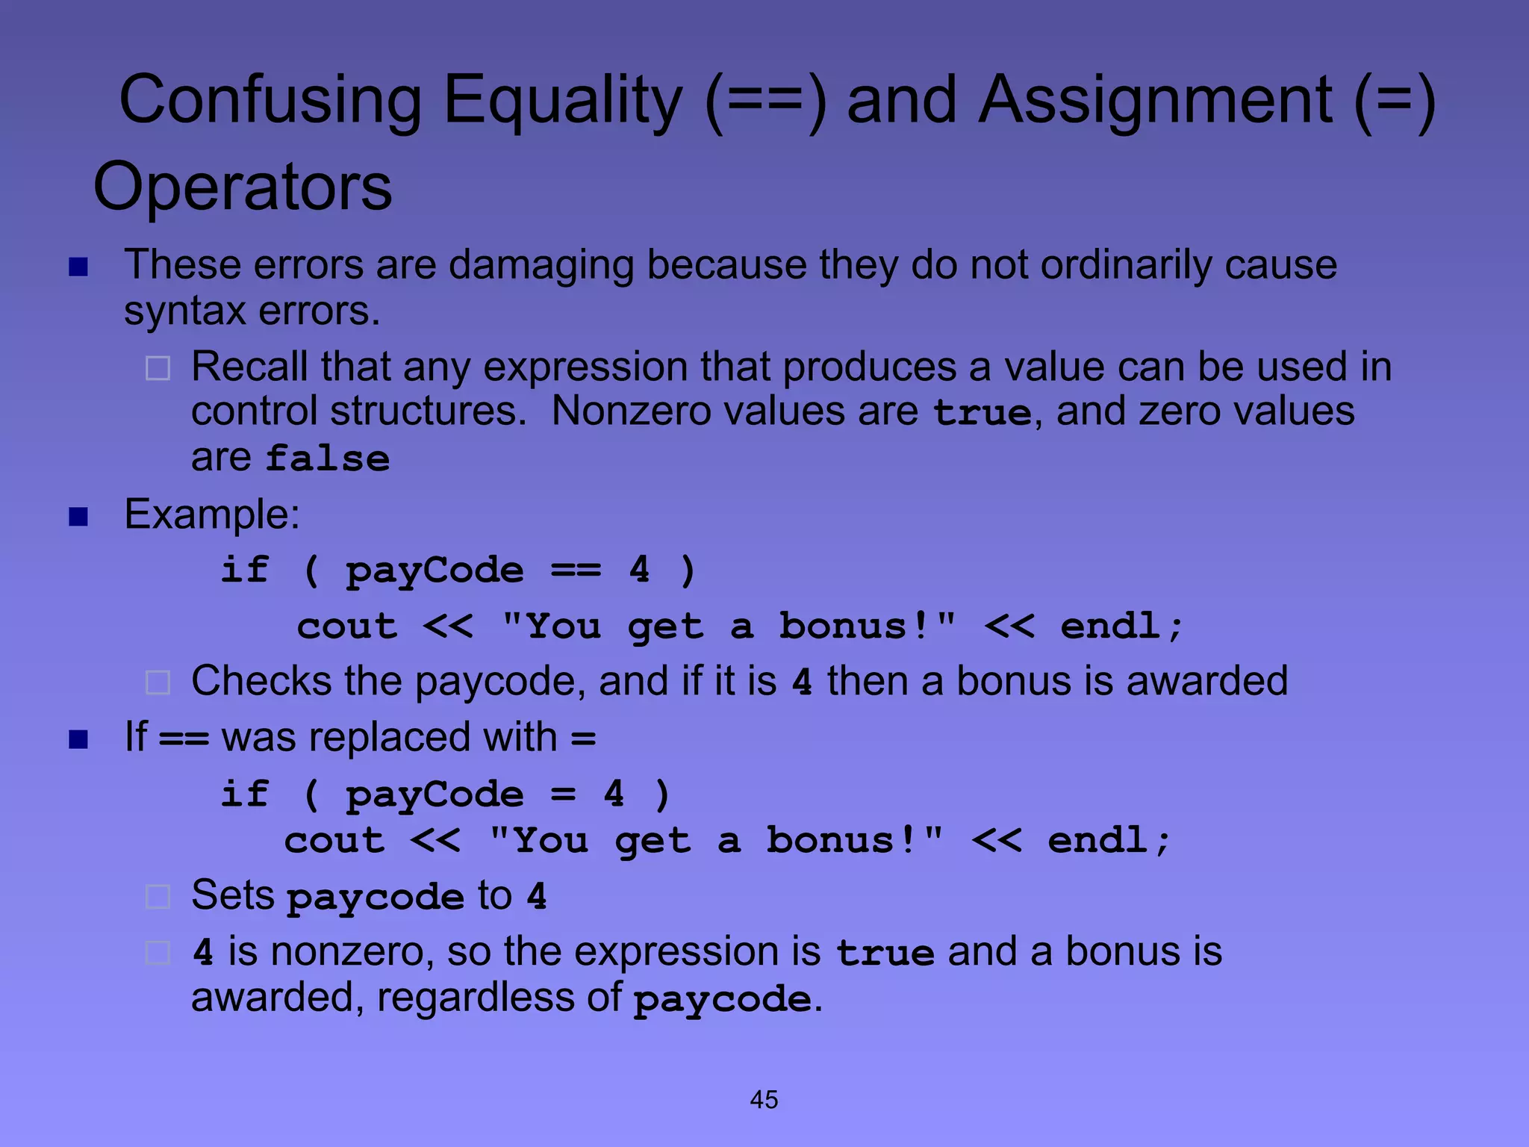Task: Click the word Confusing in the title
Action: point(270,101)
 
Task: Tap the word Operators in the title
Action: point(243,187)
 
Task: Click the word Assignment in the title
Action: point(1155,101)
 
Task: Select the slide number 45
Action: point(764,1100)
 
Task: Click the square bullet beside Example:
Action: point(78,517)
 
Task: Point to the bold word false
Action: point(328,459)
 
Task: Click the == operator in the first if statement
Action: point(575,571)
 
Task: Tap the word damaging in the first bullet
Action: point(541,265)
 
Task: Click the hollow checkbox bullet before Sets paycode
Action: point(158,896)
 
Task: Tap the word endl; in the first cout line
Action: point(1121,627)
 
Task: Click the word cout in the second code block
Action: point(334,841)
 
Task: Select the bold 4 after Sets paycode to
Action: point(536,897)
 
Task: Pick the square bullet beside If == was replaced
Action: point(78,740)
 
